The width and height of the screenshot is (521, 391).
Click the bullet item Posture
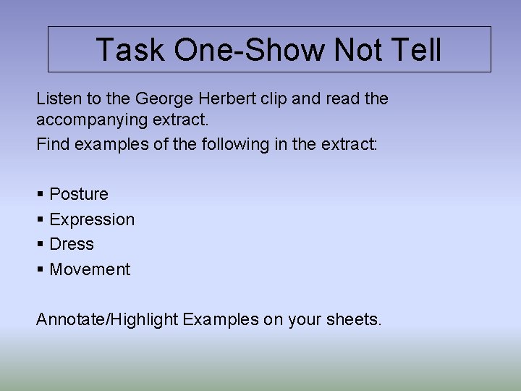click(x=79, y=194)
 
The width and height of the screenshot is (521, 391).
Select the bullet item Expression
click(x=92, y=219)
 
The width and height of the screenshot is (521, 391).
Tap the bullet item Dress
click(x=72, y=244)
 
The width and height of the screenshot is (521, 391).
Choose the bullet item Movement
click(x=90, y=269)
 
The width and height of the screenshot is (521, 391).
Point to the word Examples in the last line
click(x=220, y=319)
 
